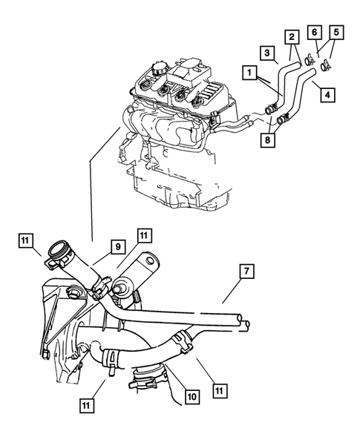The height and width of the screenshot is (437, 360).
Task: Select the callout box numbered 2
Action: point(292,36)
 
